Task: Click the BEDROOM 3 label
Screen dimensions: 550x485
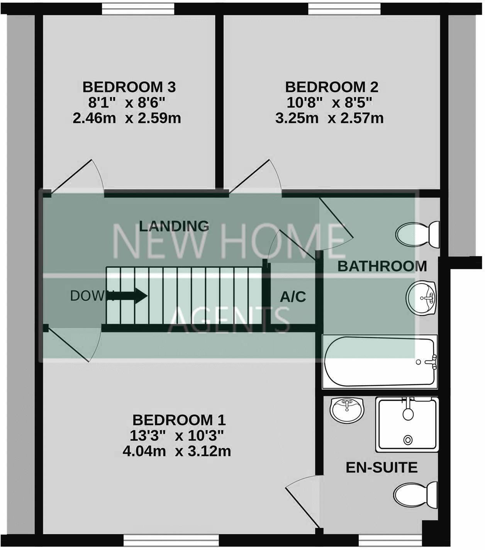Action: point(129,87)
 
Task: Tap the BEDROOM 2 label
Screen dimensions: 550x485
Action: point(331,87)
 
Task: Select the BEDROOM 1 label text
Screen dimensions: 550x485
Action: point(179,419)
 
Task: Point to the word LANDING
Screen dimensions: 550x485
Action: point(174,226)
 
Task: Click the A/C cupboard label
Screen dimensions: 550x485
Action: point(293,297)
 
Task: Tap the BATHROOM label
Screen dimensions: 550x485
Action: point(382,266)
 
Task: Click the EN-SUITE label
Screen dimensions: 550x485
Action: point(381,467)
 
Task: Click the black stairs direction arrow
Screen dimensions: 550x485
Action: point(131,296)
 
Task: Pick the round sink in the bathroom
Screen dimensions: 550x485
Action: point(422,298)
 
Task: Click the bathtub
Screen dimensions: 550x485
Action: point(380,362)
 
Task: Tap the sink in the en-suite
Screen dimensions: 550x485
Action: point(347,410)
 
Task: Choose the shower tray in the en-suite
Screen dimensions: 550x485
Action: point(407,424)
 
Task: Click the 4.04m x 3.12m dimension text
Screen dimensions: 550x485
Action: point(176,451)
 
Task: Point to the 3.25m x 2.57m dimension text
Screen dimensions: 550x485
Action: point(329,118)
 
